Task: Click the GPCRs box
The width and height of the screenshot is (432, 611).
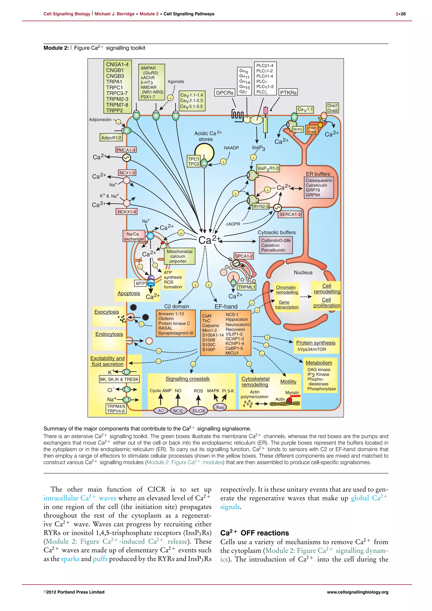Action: pos(224,93)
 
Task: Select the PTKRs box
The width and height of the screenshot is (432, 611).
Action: pos(288,93)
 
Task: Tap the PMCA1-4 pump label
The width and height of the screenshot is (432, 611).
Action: pos(126,150)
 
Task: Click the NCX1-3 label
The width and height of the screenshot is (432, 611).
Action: pos(127,173)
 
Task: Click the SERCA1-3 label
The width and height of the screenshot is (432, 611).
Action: pos(290,214)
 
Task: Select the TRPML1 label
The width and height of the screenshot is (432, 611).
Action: pos(247,287)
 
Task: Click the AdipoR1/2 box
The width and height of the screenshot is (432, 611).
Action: pos(111,138)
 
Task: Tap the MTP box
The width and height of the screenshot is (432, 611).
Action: pos(140,283)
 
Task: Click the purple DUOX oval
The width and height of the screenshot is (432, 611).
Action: pos(199,411)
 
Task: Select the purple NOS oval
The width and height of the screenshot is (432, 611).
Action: pos(178,411)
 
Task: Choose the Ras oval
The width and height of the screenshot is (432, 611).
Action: pos(220,407)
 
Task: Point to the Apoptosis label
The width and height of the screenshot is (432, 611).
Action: pos(129,293)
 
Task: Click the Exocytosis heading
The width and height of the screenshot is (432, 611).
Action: pos(107,312)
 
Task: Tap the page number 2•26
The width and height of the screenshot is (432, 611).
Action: pos(401,14)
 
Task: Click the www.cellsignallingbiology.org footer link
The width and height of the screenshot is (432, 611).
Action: pos(358,592)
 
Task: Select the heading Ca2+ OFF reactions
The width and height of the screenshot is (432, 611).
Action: pos(255,533)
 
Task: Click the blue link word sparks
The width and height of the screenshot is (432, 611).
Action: pos(70,559)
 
